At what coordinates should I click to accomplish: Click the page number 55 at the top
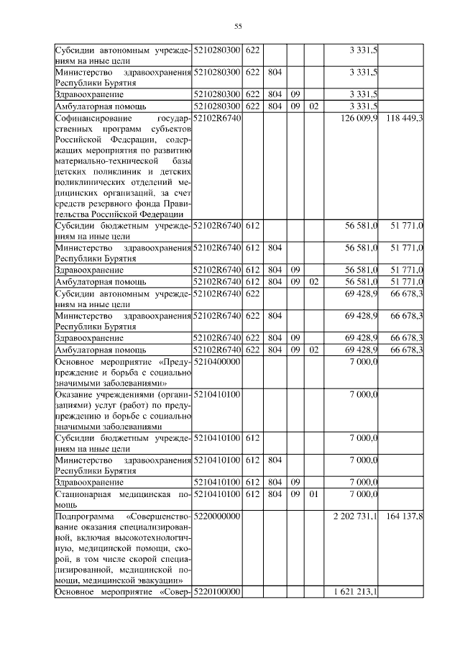[238, 27]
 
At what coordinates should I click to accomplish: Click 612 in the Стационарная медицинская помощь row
[252, 494]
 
